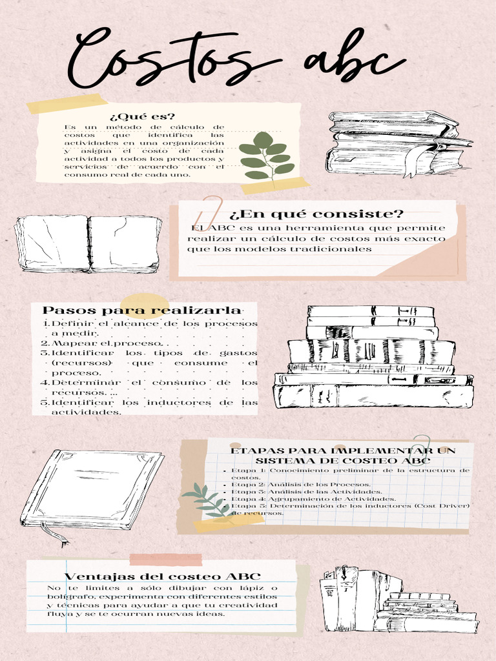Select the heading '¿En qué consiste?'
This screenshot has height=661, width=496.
tap(316, 214)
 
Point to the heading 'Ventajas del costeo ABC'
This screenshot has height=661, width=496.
tap(162, 576)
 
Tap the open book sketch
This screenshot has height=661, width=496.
tap(88, 244)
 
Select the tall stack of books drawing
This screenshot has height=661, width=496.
tap(373, 357)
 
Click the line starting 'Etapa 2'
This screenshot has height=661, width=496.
tap(301, 484)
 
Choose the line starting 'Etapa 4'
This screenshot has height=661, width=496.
tap(313, 499)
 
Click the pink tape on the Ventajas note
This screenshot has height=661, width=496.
tap(156, 559)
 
